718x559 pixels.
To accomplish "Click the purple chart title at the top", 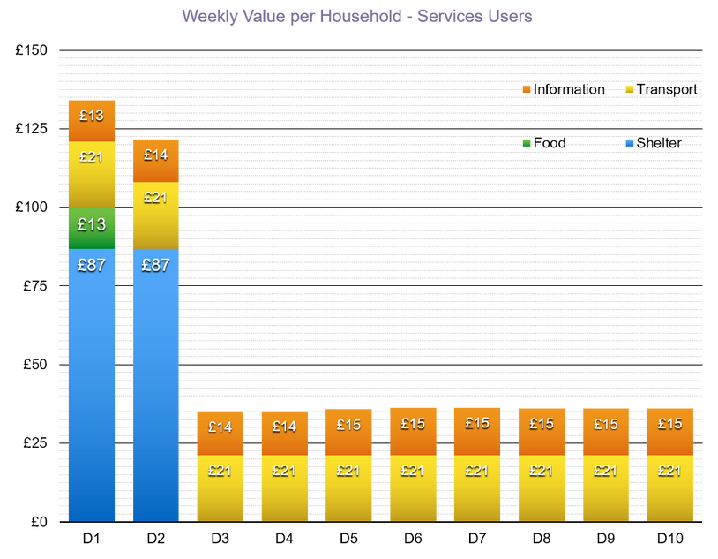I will tap(357, 17).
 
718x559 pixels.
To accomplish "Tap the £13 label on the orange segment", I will tap(92, 115).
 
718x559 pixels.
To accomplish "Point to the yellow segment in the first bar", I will tap(92, 175).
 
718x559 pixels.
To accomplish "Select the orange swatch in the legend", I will tap(527, 89).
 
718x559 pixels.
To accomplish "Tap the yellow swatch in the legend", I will tap(630, 89).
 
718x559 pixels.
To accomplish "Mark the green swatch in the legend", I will tap(527, 143).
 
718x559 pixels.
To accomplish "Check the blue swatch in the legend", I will tap(630, 143).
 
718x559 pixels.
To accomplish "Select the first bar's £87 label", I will tap(92, 264).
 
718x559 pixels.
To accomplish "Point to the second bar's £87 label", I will tap(156, 264).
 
